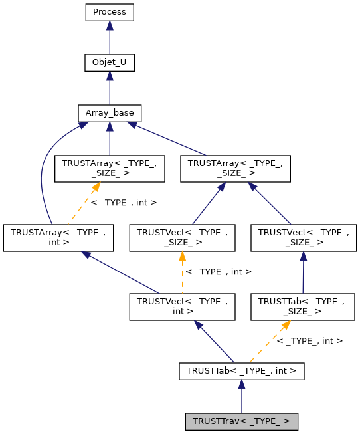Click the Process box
110,12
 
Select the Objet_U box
110,62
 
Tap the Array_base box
110,113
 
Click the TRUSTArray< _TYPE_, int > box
58,237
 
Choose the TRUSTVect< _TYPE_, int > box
182,306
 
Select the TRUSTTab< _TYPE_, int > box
241,370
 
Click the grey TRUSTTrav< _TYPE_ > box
241,421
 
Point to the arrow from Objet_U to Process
110,37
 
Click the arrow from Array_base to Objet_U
110,88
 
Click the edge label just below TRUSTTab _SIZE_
309,340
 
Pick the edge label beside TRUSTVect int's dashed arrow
219,271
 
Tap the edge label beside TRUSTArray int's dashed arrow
124,201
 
